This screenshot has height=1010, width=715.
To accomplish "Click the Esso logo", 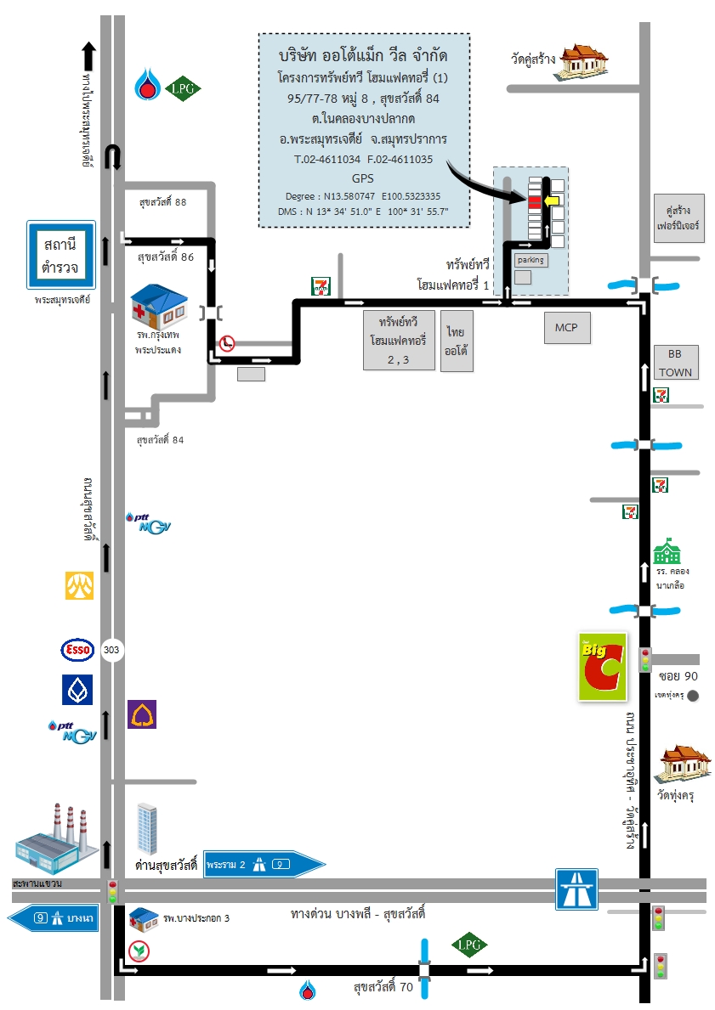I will (78, 651).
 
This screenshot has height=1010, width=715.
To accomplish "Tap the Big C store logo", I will (602, 667).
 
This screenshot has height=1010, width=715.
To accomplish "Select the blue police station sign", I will (60, 256).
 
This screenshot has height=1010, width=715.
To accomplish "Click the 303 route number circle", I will (111, 651).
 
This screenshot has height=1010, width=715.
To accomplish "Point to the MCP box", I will (566, 328).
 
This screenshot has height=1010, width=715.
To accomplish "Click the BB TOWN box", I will (676, 363).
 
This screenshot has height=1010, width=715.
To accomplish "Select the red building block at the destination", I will (534, 201).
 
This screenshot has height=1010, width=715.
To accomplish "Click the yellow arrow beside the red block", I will (553, 201).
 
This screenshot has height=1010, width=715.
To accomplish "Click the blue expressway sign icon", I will (576, 889).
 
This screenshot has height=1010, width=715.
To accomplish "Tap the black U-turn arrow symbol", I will (111, 158).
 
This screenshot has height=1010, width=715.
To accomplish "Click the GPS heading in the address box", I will (362, 178).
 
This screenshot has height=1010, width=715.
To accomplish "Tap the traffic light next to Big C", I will (645, 660).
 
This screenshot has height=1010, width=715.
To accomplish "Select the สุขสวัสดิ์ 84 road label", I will (160, 440).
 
